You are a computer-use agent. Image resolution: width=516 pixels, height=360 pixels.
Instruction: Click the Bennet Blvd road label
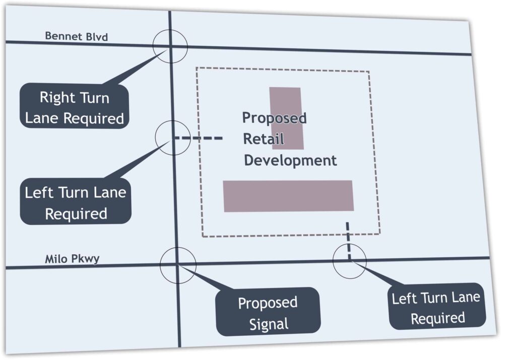[x=76, y=36]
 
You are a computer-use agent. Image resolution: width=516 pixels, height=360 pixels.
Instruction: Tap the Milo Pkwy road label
[x=72, y=259]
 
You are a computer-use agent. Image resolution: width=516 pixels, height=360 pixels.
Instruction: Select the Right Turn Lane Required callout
[x=75, y=107]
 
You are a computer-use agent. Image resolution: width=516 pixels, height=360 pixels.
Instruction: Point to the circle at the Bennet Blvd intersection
[x=171, y=47]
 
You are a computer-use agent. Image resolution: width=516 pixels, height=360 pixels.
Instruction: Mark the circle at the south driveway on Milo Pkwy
[x=349, y=260]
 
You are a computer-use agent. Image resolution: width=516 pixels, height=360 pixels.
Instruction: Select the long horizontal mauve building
[x=288, y=195]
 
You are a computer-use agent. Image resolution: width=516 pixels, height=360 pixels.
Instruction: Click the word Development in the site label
[x=290, y=161]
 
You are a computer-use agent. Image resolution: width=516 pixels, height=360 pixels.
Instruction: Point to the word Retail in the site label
[x=264, y=139]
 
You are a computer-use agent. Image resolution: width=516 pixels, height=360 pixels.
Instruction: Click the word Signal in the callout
[x=268, y=324]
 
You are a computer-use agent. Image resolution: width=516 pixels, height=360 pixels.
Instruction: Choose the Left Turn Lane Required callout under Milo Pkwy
[x=436, y=308]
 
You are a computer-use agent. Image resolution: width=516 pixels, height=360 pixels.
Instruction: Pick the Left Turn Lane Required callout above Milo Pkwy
[x=76, y=202]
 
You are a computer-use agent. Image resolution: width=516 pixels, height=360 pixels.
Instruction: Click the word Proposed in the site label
[x=274, y=118]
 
